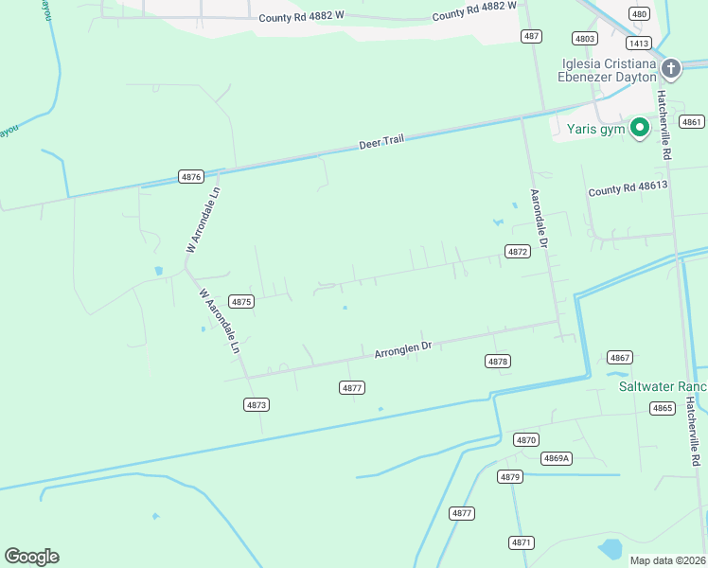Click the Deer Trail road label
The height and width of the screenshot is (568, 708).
coord(381,142)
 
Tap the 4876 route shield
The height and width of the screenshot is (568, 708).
coord(191,176)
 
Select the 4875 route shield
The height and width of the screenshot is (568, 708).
coord(241,301)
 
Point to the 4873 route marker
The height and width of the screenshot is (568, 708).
coord(256,404)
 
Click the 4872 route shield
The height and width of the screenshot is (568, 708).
coord(517,252)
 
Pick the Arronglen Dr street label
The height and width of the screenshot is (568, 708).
coord(402,349)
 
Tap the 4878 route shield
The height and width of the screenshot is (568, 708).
coord(498,362)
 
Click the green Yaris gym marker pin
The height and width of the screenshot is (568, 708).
coord(639,127)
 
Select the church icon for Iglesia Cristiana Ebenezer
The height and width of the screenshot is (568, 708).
coord(671,67)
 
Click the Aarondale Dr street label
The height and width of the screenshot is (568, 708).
coord(540,219)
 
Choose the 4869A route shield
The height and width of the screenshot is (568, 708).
coord(557,458)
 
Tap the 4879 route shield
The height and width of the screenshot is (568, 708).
coord(510,476)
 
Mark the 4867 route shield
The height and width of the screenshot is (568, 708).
coord(620,357)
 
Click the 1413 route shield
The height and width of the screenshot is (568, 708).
coord(638,43)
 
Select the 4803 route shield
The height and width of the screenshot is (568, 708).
coord(585,38)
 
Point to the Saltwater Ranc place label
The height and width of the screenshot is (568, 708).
coord(663,386)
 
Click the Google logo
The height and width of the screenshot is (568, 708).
coord(31,557)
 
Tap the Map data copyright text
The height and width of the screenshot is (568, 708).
coord(667,560)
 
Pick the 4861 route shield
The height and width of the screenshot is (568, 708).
coord(692,121)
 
